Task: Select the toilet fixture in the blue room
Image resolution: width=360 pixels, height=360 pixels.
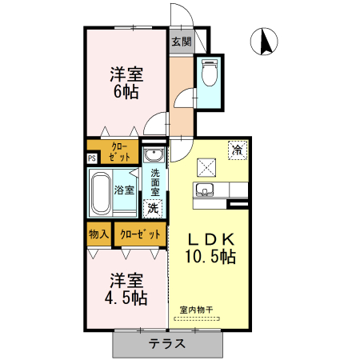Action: pos(210,74)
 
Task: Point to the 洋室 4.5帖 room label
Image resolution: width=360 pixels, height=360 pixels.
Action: pos(127,289)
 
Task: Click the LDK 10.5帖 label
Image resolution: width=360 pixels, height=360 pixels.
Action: pos(211,248)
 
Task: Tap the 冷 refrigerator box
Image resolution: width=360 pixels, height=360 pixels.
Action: pos(238,149)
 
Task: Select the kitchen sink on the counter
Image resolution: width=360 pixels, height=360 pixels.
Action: pos(205,190)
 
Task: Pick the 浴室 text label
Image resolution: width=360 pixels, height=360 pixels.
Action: pos(124,191)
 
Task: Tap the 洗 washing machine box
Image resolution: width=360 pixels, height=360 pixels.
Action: pos(153,207)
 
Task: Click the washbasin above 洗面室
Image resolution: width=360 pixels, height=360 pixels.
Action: pos(153,154)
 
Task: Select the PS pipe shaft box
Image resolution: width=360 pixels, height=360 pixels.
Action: pos(92,158)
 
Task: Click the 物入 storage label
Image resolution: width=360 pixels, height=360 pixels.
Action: pos(98,234)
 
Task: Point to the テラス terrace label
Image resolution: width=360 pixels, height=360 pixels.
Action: pos(167,345)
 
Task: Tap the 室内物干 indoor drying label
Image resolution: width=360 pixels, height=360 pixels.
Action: pos(195,310)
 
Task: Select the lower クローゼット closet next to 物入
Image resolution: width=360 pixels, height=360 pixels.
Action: pos(140,234)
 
